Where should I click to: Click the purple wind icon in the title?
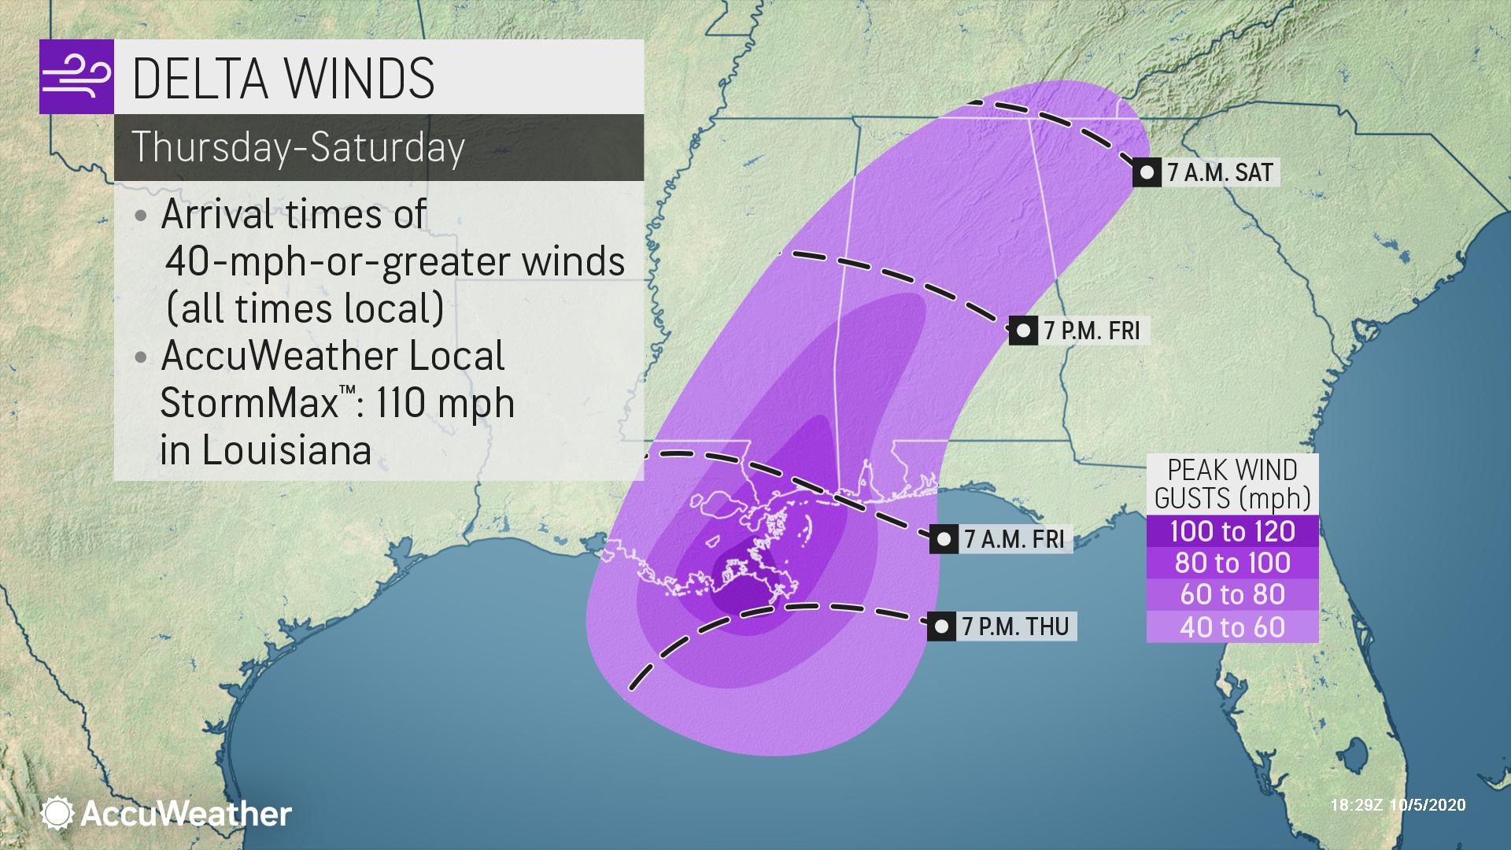coord(76,77)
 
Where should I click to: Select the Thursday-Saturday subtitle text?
coord(298,147)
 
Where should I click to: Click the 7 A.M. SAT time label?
coord(1219,172)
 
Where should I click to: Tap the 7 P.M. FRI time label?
coord(1092,331)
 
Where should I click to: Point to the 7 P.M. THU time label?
coord(1014,626)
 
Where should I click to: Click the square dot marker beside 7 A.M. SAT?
coord(1147,172)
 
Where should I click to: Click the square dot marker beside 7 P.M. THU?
coord(941,626)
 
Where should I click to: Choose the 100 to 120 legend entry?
coord(1232,531)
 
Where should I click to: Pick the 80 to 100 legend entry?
coord(1232,563)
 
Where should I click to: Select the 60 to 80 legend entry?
coord(1232,594)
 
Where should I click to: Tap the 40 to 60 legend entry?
coord(1232,626)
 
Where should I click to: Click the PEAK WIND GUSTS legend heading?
coord(1232,484)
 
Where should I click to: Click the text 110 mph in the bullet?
coord(445,403)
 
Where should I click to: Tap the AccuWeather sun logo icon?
coord(58,813)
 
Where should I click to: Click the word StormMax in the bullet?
coord(249,403)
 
